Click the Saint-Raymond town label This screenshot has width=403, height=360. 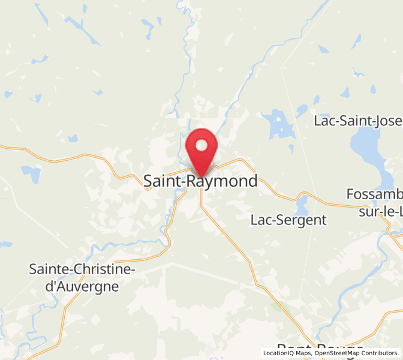coord(201,181)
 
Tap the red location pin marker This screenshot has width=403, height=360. coord(202,150)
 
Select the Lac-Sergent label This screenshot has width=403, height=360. coord(288,220)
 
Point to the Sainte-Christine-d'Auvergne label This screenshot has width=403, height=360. coord(82,277)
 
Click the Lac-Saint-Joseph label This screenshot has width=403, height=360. coord(358,121)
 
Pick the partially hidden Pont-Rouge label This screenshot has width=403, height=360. coord(320,351)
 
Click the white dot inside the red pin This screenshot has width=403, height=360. coord(202,145)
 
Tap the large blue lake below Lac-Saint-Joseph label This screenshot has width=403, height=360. coord(367,151)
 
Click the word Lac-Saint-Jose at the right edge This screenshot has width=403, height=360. coord(358,121)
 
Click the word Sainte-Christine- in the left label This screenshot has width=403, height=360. coord(82,269)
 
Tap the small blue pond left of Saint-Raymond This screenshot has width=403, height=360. coord(30,174)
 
